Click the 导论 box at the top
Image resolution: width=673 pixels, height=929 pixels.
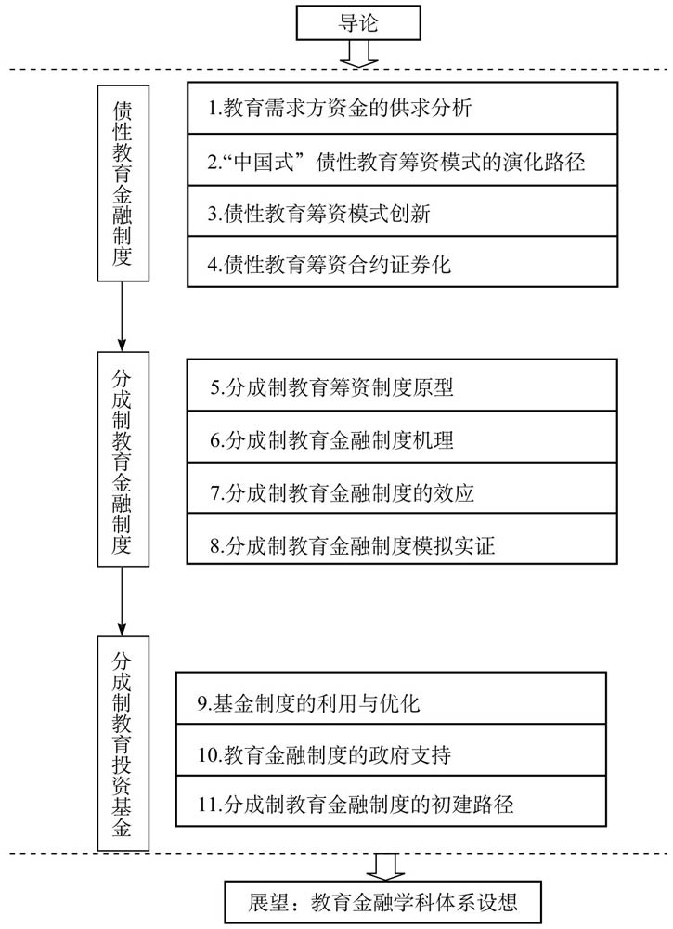click(358, 23)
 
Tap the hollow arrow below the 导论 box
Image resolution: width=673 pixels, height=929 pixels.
click(358, 54)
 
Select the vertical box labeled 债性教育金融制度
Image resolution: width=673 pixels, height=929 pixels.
click(123, 183)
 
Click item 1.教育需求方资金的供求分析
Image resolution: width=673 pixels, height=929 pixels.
click(403, 108)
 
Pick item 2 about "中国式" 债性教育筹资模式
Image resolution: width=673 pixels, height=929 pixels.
click(403, 160)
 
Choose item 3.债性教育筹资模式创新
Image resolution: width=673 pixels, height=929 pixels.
click(403, 212)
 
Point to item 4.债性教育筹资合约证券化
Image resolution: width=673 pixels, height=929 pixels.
click(403, 263)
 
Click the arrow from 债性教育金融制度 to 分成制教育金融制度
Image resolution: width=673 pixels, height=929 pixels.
click(123, 317)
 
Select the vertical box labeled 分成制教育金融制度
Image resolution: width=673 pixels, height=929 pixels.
click(123, 459)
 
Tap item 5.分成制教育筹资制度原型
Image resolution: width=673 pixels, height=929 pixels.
click(402, 386)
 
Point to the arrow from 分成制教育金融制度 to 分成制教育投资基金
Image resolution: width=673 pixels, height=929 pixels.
click(123, 601)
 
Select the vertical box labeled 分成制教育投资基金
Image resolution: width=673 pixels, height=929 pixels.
click(123, 743)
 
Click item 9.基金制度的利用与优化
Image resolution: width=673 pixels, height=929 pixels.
click(391, 698)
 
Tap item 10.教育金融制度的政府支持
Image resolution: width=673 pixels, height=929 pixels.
click(391, 750)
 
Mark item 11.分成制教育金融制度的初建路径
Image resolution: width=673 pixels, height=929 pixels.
click(391, 801)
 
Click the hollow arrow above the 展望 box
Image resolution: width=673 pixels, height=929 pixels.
click(385, 867)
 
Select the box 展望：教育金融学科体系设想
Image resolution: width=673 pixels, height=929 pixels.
click(383, 902)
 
